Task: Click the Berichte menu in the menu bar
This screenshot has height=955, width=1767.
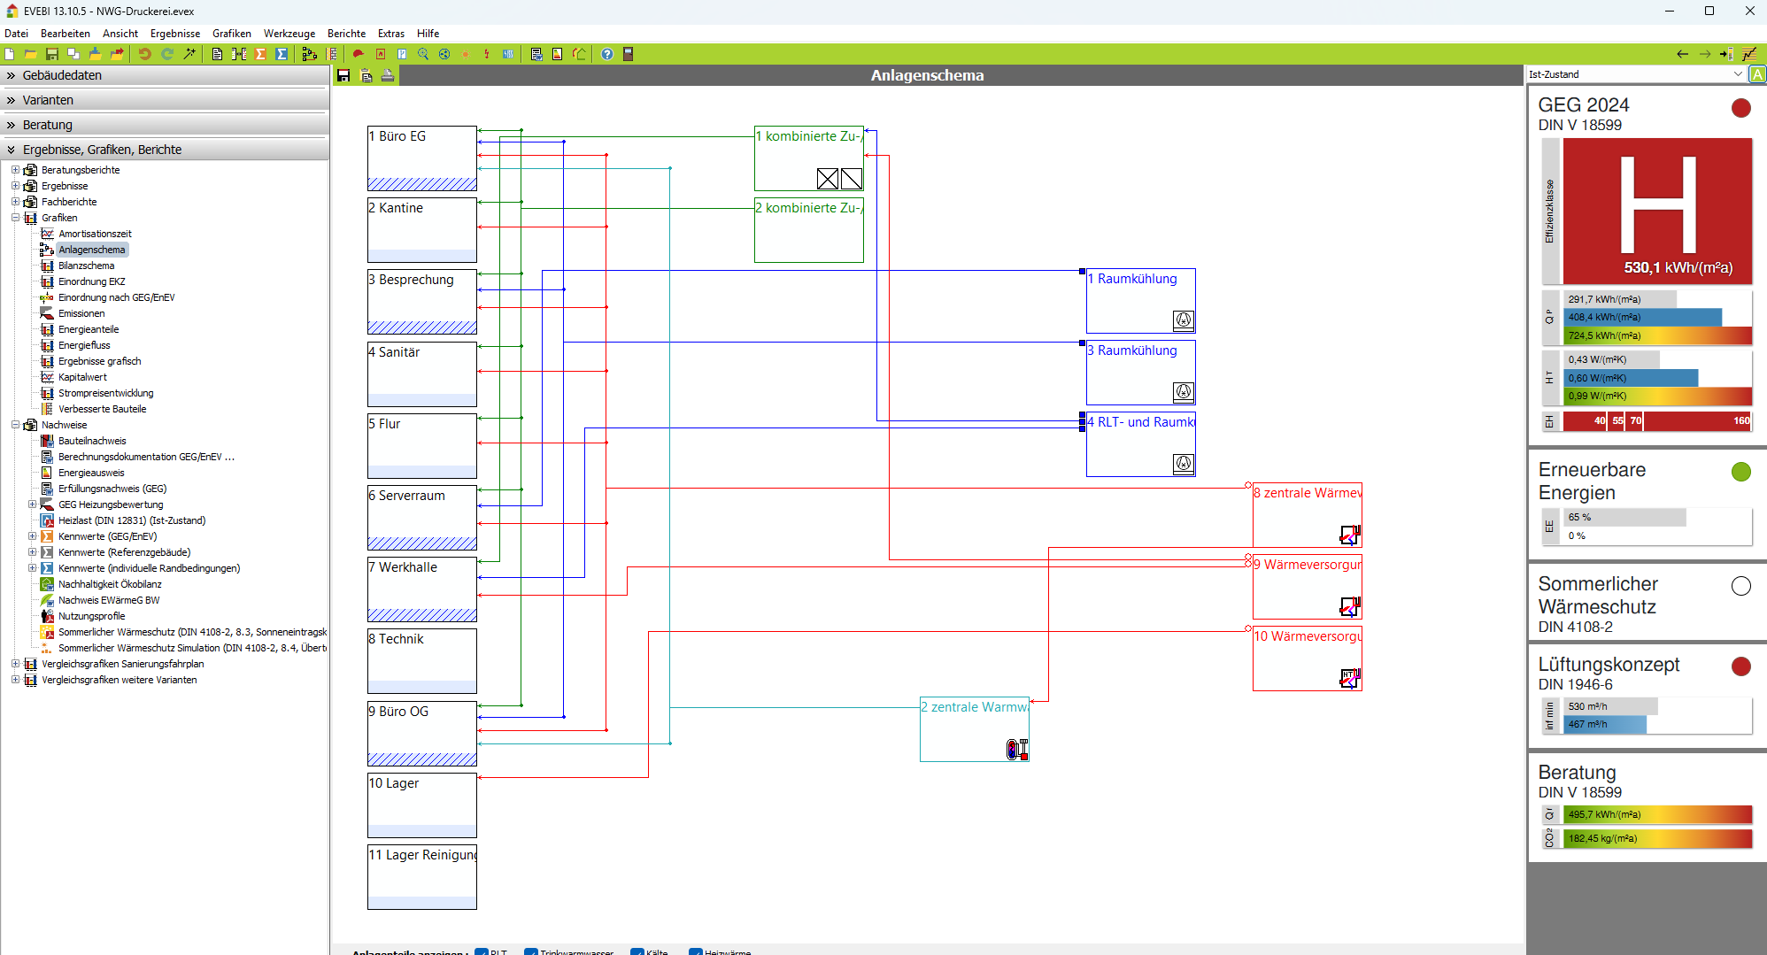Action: tap(346, 34)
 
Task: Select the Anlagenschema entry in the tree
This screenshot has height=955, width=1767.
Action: tap(92, 250)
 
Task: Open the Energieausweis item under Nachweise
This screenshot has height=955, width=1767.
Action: tap(91, 473)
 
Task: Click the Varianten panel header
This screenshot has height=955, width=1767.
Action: tap(48, 100)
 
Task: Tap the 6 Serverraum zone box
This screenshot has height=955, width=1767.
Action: tap(421, 517)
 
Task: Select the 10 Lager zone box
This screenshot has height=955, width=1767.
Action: tap(421, 805)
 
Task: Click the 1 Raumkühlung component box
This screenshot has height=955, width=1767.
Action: tap(1140, 300)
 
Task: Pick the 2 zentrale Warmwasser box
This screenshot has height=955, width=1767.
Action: tap(974, 728)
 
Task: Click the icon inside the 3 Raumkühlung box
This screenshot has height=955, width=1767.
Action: tap(1183, 391)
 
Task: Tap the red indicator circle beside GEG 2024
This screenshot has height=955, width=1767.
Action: tap(1740, 108)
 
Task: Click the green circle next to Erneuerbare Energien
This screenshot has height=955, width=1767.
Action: tap(1740, 472)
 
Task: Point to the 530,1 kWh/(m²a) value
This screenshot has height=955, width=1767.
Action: tap(1678, 267)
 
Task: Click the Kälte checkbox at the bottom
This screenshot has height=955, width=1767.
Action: tap(637, 951)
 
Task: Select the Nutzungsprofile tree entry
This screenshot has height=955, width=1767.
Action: tap(91, 616)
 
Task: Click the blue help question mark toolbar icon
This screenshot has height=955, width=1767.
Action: tap(607, 54)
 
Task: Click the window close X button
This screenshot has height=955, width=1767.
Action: tap(1749, 12)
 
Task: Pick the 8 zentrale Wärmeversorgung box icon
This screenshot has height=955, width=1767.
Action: tap(1349, 535)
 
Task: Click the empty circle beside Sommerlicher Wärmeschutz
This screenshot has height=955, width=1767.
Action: tap(1740, 586)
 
